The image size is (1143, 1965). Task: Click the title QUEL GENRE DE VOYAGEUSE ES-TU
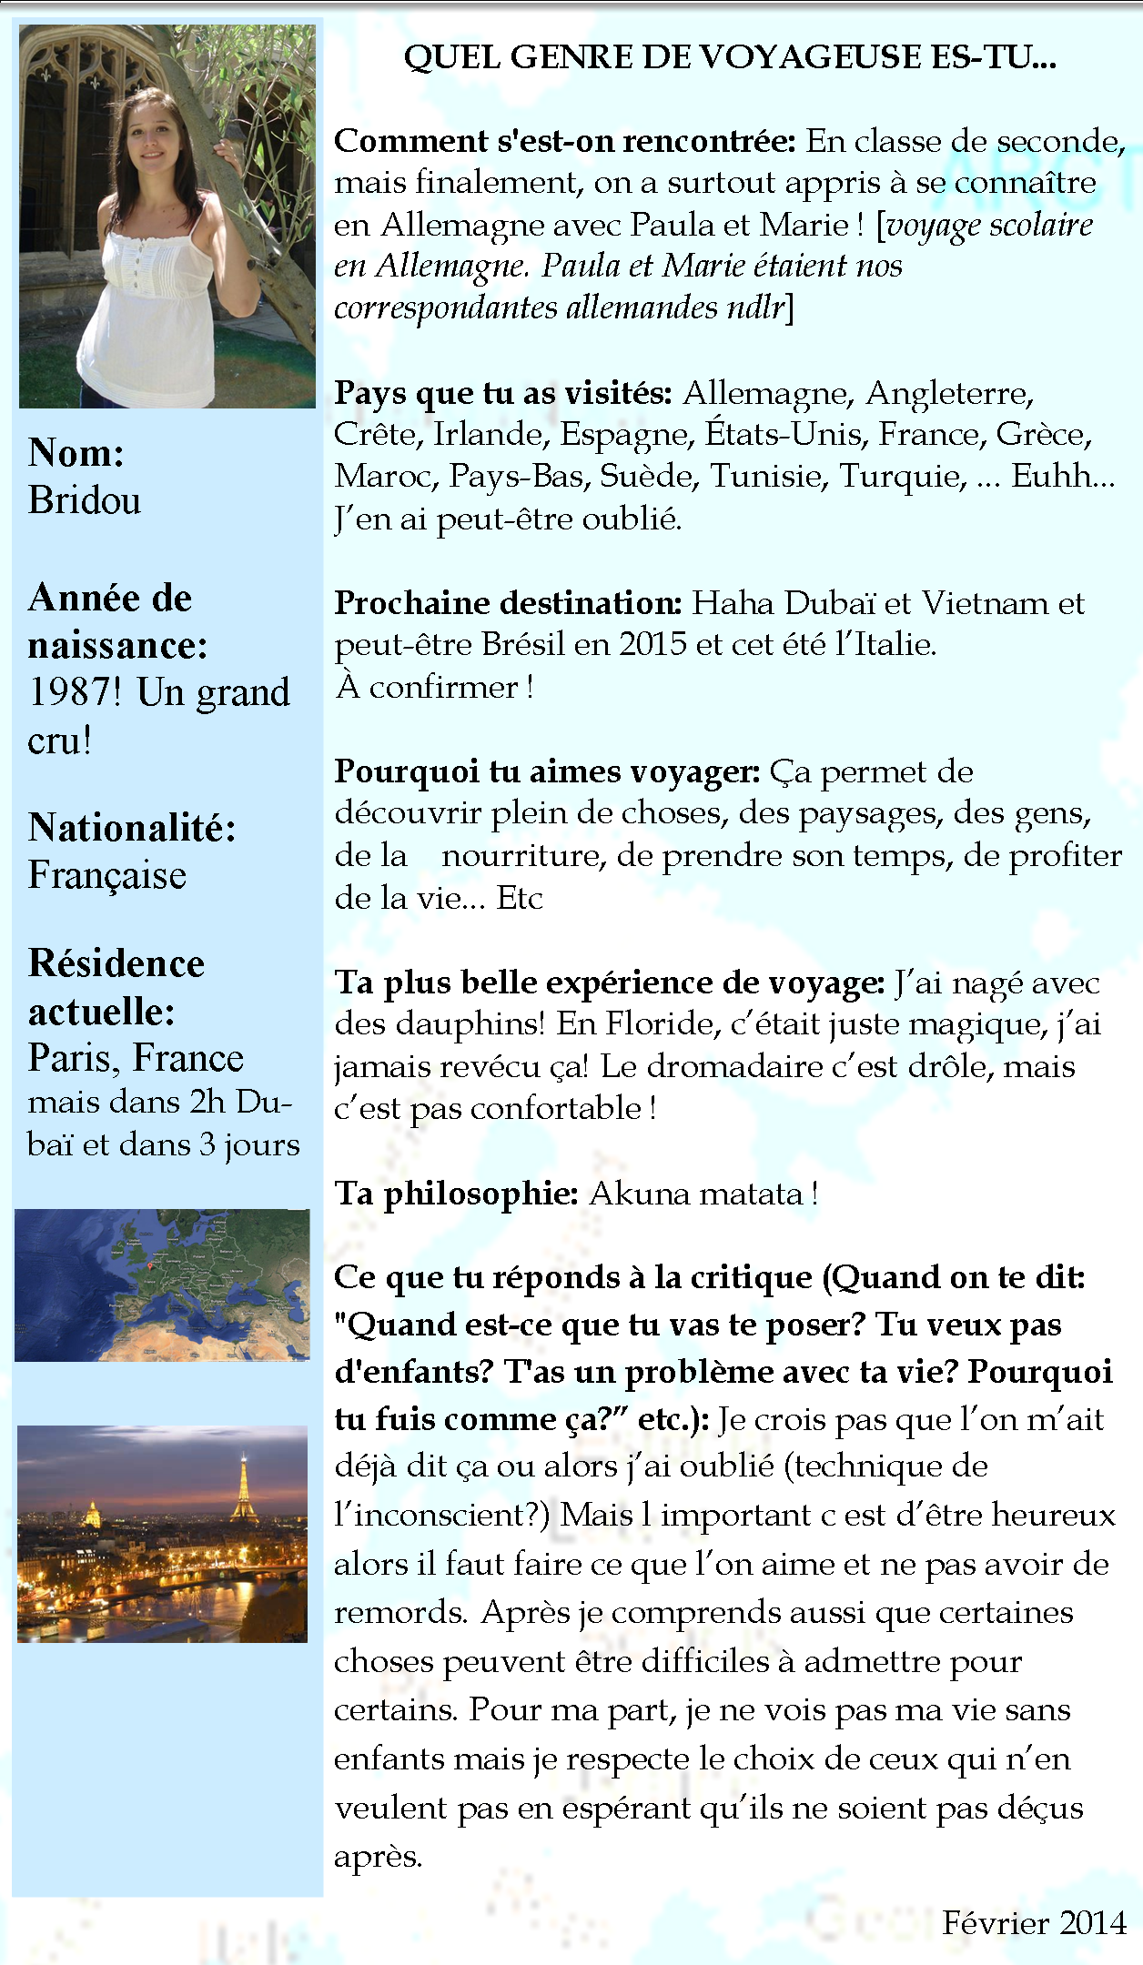[x=730, y=57]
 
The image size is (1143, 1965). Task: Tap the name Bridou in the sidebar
[x=85, y=500]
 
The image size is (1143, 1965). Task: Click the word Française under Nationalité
[x=107, y=875]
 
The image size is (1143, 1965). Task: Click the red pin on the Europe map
[x=150, y=1265]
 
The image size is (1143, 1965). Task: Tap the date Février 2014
[x=1034, y=1922]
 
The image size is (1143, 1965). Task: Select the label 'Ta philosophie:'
[x=456, y=1193]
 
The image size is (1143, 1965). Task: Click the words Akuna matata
[x=696, y=1193]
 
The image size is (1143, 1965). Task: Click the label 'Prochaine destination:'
[x=508, y=602]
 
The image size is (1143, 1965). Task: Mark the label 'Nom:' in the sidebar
[x=76, y=452]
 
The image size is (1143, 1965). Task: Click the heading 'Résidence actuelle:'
[x=116, y=987]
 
